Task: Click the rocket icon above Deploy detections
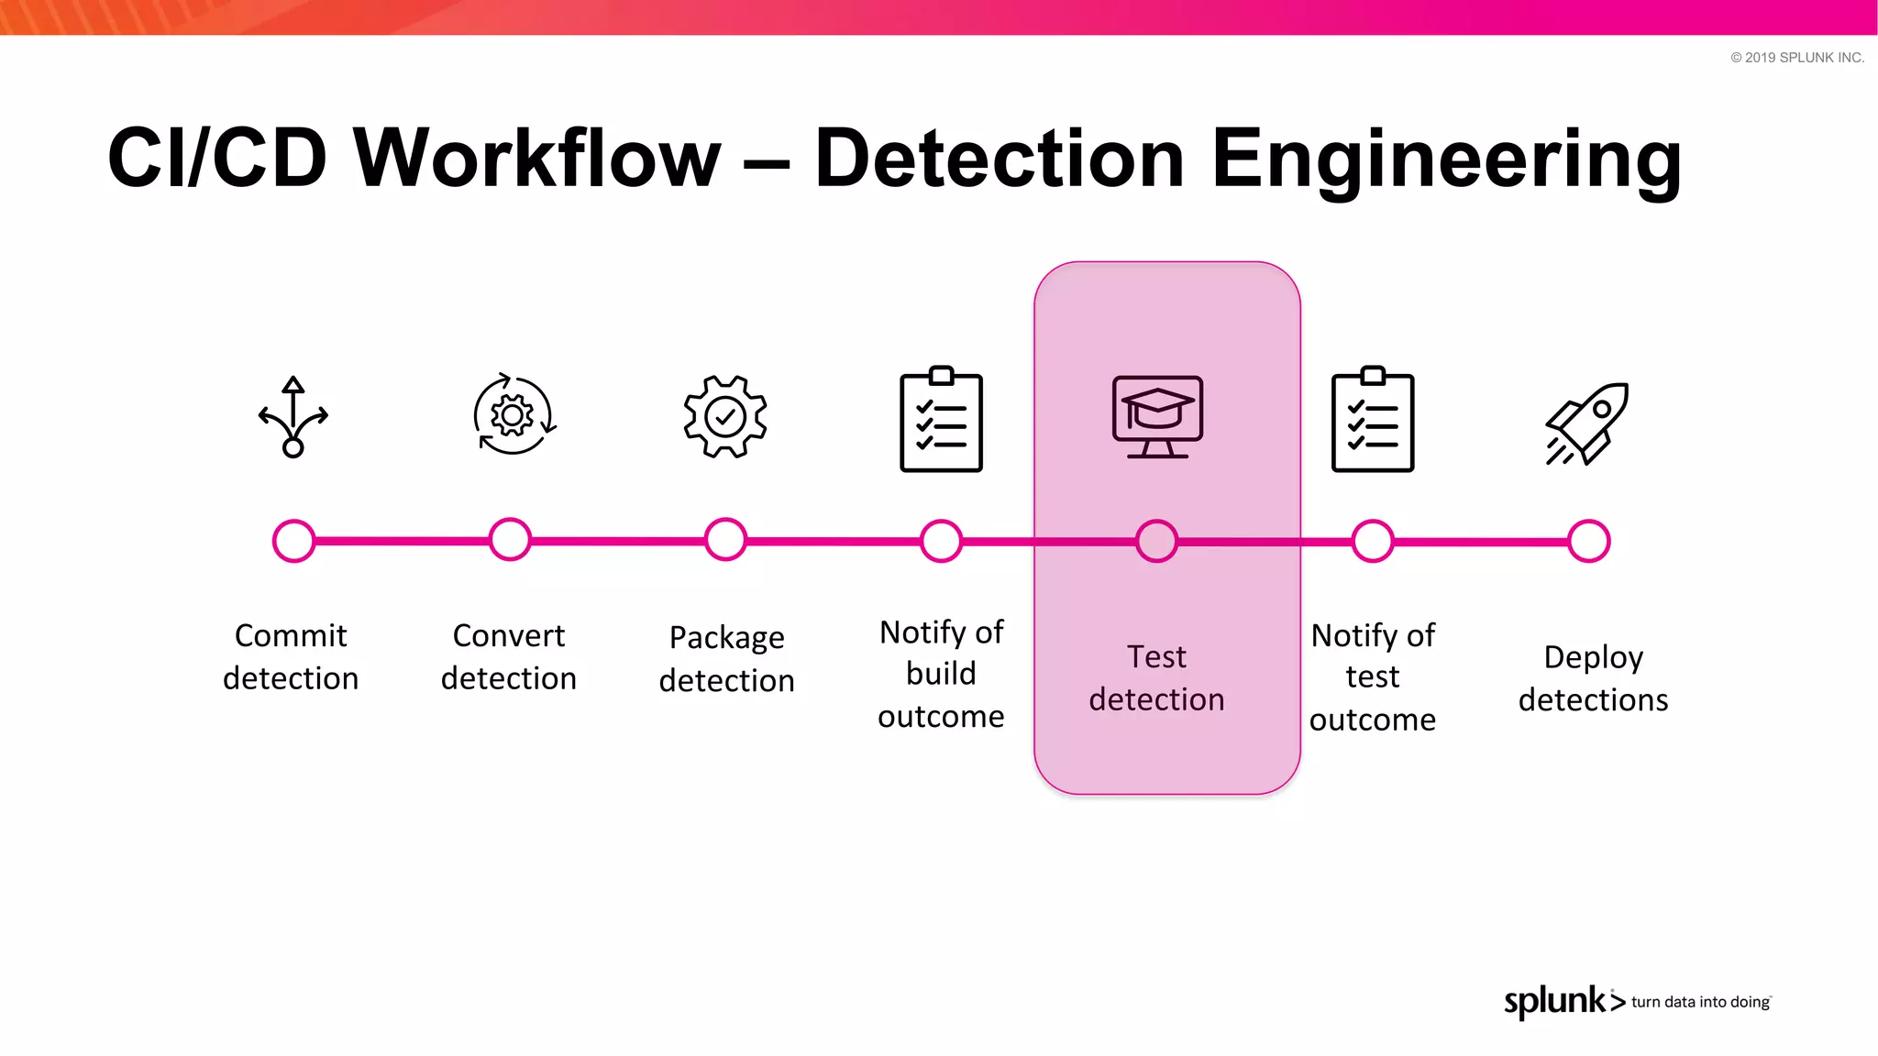click(1587, 423)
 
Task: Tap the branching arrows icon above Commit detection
click(293, 417)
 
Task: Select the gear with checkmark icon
click(725, 417)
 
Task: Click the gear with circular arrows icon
click(513, 415)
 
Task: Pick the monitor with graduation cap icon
click(1157, 417)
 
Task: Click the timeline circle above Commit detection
click(293, 541)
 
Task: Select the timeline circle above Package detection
click(725, 540)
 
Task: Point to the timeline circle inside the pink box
click(1156, 541)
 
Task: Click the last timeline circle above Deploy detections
click(1588, 541)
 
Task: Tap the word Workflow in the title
click(537, 158)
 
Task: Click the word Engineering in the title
click(1446, 160)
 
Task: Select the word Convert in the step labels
click(509, 635)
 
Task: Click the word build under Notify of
click(941, 674)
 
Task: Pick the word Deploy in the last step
click(1593, 658)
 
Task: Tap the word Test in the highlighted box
click(1156, 657)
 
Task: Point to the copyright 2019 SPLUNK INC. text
click(1796, 58)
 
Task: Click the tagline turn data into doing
click(1700, 1002)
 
